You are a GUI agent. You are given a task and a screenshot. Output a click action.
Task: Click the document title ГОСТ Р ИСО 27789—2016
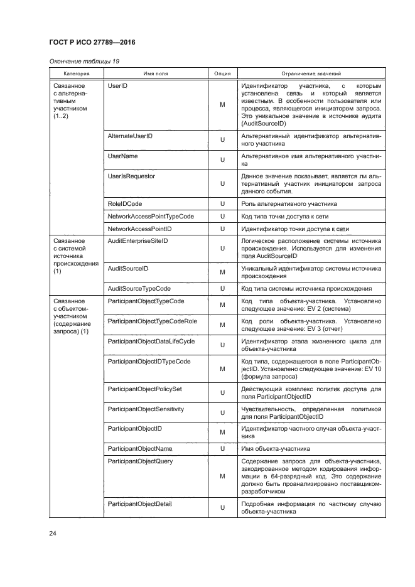coord(92,42)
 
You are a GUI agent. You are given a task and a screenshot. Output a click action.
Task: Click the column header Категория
coord(71,73)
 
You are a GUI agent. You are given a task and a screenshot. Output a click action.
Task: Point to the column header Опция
coord(222,73)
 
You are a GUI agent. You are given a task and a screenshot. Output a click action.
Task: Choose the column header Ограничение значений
coord(311,73)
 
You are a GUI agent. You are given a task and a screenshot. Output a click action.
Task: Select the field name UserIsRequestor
coord(132,176)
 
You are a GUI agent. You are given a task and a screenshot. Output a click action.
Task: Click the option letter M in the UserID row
coord(222,105)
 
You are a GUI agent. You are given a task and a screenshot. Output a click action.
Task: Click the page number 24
coord(53,534)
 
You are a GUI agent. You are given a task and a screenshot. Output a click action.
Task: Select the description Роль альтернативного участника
coord(289,203)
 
